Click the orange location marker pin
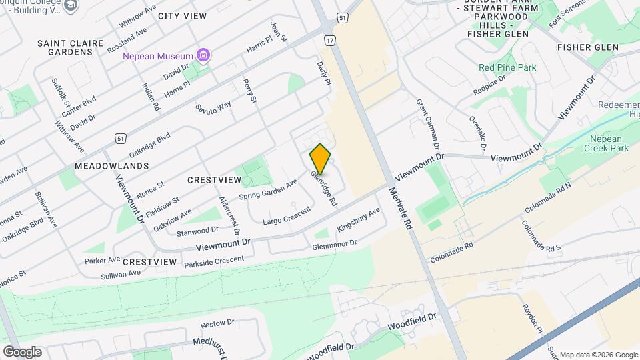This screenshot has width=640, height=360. coord(321,159)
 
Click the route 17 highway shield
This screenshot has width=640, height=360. coord(329,41)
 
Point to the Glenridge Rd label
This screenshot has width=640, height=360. coord(323,187)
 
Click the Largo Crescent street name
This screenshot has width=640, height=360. coord(287,215)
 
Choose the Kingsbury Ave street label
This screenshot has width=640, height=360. coord(358,219)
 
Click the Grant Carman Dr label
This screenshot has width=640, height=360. coord(428,124)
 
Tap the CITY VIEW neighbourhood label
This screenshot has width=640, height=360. coord(182,16)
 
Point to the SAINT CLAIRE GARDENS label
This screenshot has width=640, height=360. coord(71,47)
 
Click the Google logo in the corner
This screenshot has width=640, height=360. coord(22,352)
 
